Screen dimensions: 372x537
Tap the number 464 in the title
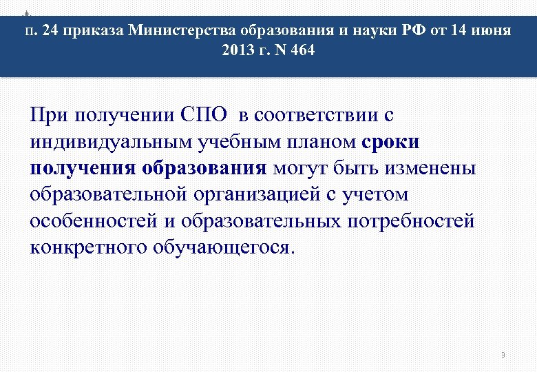pos(301,51)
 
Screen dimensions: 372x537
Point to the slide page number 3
pos(503,355)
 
